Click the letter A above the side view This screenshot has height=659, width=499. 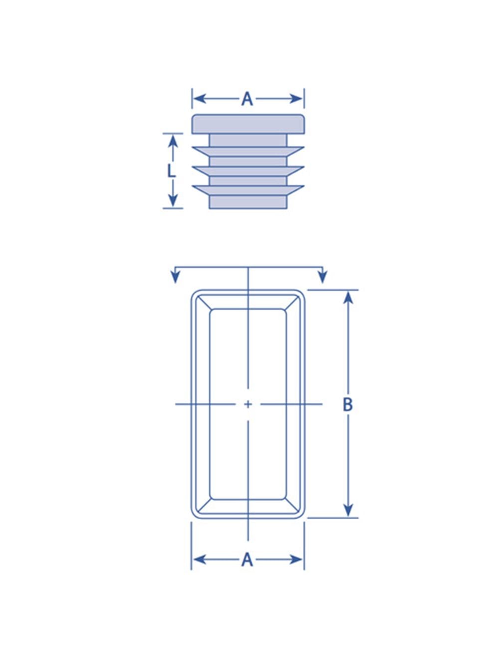(247, 99)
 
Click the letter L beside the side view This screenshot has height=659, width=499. (171, 171)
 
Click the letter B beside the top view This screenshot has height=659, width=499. (348, 404)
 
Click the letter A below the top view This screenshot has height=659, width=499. (247, 560)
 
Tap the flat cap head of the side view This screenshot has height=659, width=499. (248, 124)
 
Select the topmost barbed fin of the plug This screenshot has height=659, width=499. (248, 151)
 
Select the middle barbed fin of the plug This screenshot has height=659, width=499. (248, 171)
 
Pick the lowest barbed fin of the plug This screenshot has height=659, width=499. (248, 190)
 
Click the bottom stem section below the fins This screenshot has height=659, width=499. (248, 202)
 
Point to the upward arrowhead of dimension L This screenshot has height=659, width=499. (173, 141)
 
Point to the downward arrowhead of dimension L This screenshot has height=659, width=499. (173, 201)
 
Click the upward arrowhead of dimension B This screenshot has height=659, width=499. (348, 297)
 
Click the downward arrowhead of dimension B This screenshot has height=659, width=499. (348, 510)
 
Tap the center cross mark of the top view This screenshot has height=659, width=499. (248, 404)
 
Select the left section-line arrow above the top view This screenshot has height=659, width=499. (175, 276)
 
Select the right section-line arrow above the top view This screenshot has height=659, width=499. (323, 276)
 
